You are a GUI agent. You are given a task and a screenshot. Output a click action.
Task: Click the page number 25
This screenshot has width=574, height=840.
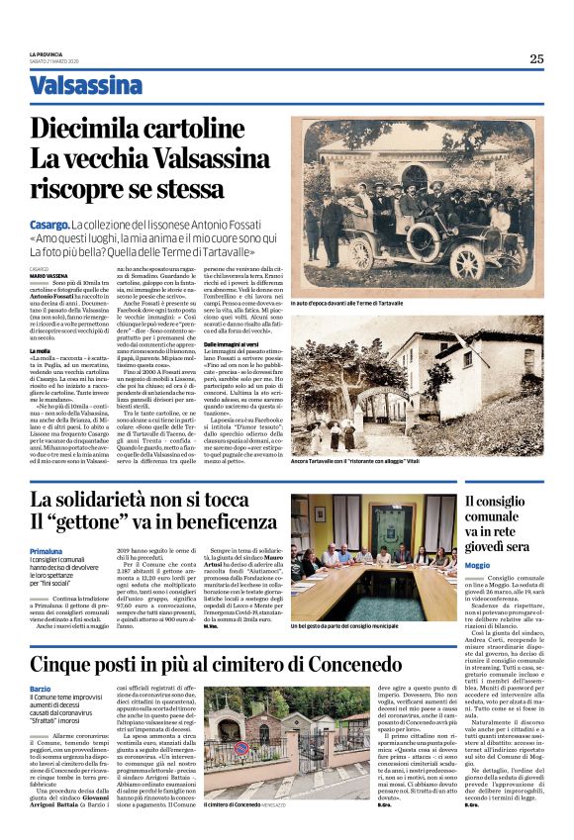click(536, 58)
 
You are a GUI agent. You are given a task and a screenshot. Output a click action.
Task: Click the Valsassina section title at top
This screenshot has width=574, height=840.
click(85, 85)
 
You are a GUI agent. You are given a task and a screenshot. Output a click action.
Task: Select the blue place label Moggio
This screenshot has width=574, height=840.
click(477, 565)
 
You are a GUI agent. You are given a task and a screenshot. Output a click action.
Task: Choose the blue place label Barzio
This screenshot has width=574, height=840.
click(40, 689)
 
